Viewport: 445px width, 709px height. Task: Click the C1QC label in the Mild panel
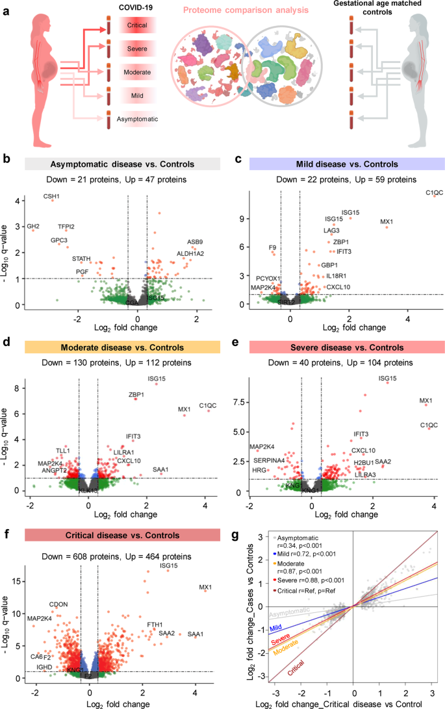(x=434, y=193)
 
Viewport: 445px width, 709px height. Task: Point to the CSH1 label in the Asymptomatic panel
(x=51, y=196)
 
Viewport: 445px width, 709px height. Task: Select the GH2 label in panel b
(x=32, y=226)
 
